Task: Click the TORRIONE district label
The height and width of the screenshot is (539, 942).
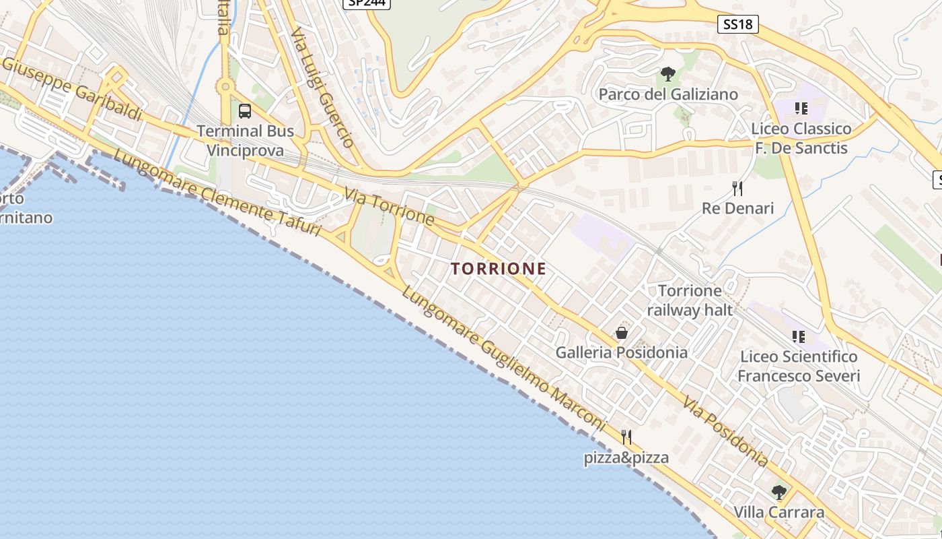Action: coord(499,269)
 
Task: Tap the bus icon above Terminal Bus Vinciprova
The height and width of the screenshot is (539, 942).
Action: coord(245,111)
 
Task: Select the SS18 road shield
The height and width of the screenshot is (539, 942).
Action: coord(737,25)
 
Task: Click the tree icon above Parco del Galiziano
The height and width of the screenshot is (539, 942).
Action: coord(667,74)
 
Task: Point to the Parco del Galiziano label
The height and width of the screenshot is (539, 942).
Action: coord(668,94)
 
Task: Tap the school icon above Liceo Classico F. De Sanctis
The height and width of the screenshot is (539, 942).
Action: coord(801,108)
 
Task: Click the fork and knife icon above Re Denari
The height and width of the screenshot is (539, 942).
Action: coord(737,188)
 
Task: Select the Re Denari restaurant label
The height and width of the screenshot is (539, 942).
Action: coord(737,208)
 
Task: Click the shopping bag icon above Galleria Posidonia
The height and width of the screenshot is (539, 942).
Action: coord(622,333)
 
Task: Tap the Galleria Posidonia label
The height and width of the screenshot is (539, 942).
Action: coord(621,352)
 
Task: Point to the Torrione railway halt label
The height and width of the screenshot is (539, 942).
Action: coord(689,300)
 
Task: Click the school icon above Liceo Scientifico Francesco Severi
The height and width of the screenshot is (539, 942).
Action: coord(799,336)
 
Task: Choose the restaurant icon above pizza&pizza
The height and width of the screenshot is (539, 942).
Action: coord(626,437)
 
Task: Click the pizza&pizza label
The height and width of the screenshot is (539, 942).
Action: coord(626,458)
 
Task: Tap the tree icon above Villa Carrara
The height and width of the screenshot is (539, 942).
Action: coord(779,492)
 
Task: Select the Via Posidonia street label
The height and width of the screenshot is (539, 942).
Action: coord(725,432)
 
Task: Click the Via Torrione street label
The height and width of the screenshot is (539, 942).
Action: coord(389,206)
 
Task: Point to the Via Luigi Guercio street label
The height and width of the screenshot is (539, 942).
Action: coord(322,88)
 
